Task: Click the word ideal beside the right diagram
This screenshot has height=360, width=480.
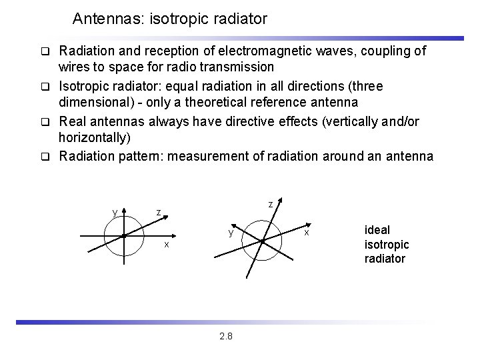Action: [377, 229]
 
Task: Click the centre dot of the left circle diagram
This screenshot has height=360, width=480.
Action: [124, 236]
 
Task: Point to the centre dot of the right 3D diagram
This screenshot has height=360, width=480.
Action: [263, 241]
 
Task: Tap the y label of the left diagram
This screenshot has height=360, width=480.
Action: [115, 212]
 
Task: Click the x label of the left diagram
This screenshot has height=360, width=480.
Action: [167, 245]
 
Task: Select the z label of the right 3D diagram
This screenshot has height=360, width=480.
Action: [270, 204]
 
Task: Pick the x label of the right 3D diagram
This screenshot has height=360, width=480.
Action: [307, 232]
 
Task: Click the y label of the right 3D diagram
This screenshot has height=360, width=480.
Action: [230, 233]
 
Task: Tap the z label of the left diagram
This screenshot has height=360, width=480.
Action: [158, 212]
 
